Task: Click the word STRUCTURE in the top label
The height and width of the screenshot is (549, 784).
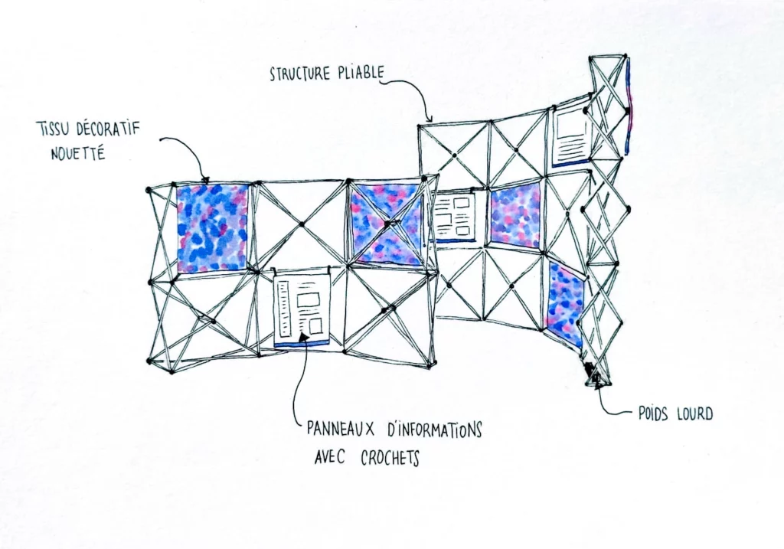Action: coord(300,74)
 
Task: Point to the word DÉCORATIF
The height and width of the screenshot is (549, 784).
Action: coord(108,129)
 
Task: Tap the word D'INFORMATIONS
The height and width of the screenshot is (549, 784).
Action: coord(435,430)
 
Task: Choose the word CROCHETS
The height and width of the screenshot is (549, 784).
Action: coord(390,458)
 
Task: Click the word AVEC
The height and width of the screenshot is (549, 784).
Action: coord(329,457)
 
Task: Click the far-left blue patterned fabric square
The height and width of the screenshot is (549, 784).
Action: coord(213,228)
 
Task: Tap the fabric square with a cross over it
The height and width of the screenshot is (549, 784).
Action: coord(387,224)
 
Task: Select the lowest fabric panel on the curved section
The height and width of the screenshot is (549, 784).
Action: coord(566,306)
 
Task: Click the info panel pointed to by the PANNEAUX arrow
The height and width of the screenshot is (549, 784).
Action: coord(302,309)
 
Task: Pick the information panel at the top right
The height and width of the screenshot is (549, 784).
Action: coord(571,136)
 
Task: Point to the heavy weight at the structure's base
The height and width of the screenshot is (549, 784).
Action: coord(597,376)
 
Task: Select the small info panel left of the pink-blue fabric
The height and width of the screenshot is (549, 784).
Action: coord(455,217)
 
